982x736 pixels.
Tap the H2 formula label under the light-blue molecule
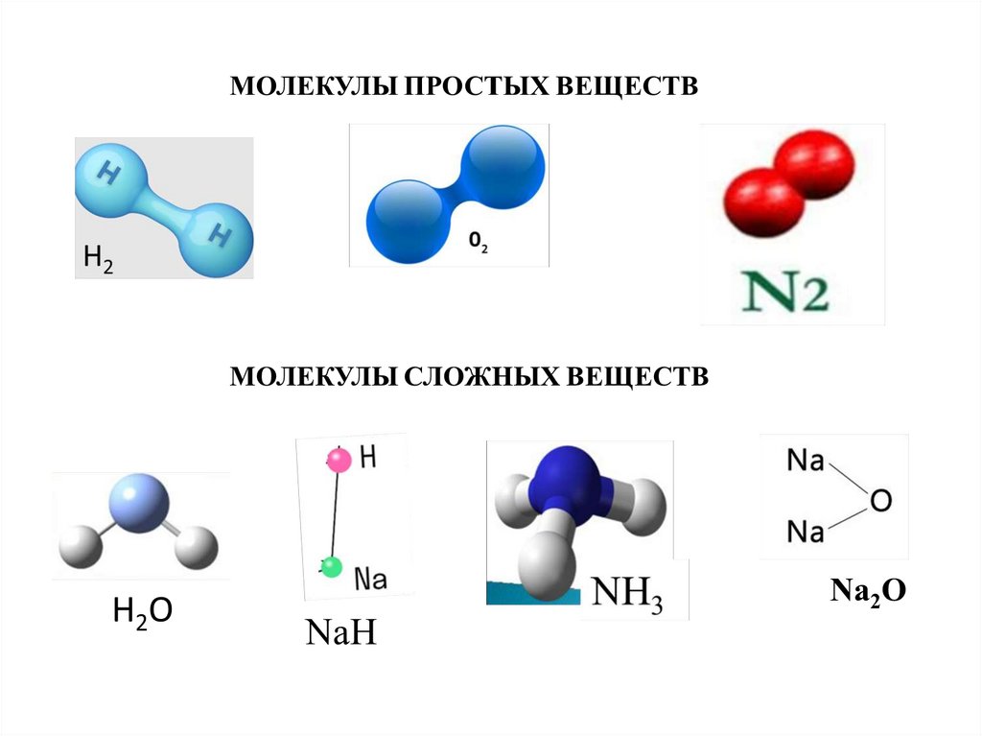[98, 259]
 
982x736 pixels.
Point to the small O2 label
[478, 243]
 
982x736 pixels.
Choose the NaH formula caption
[340, 633]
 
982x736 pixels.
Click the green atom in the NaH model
[331, 567]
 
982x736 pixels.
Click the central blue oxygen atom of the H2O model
[139, 499]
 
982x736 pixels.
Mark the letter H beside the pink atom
[368, 459]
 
